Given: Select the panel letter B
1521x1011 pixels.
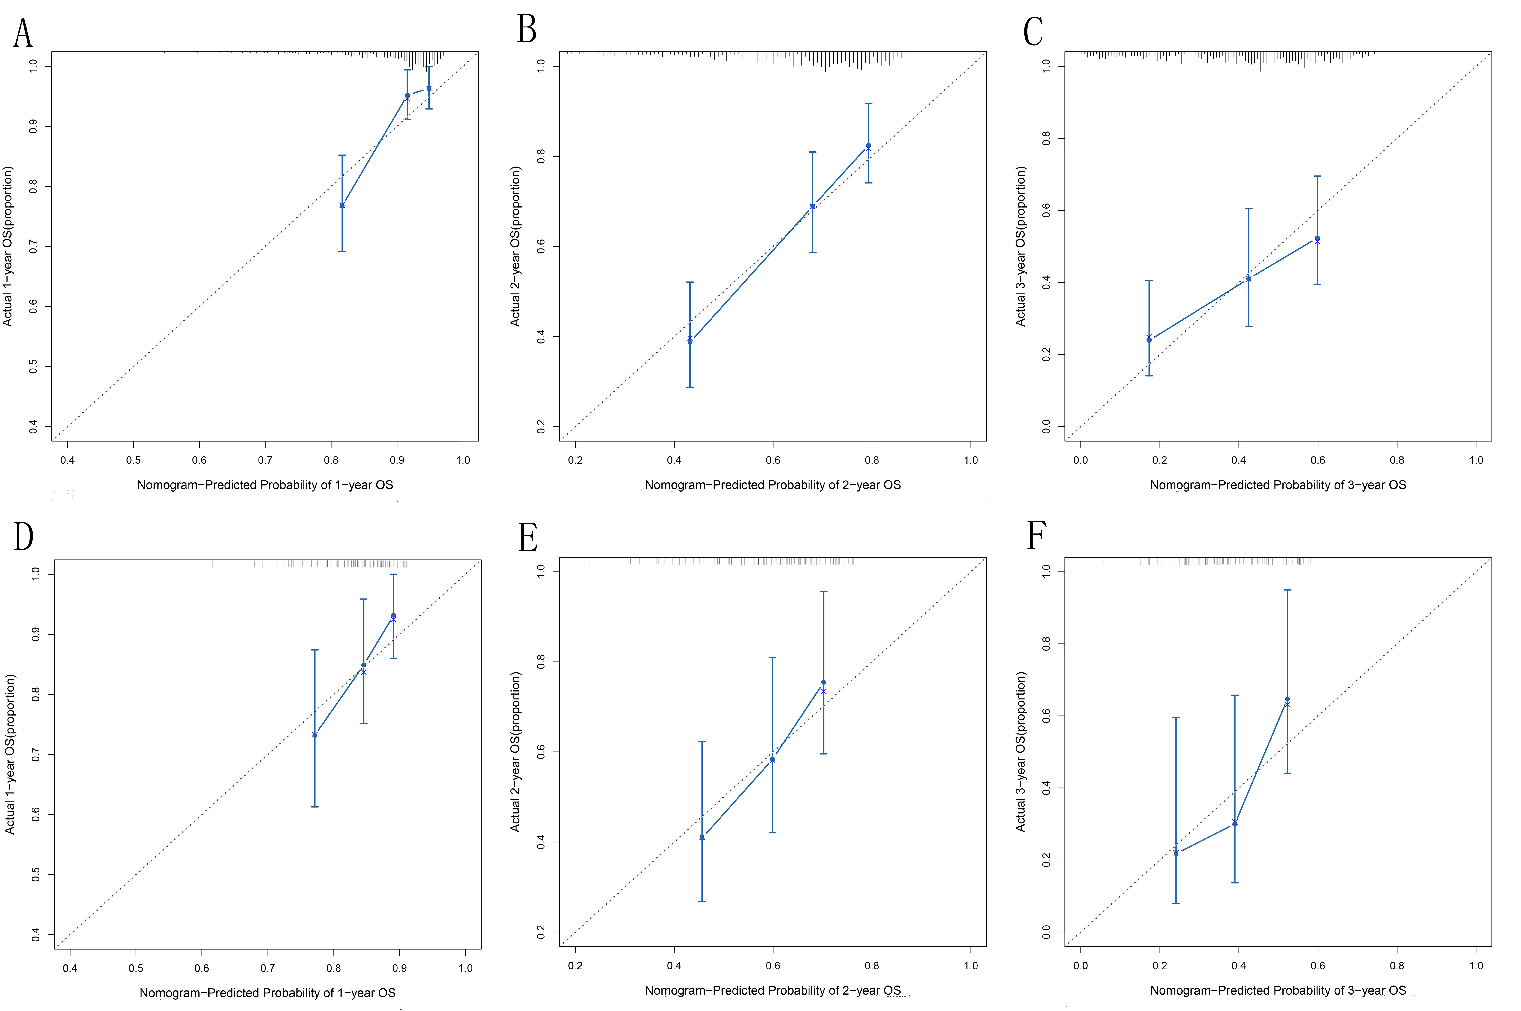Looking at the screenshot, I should (526, 30).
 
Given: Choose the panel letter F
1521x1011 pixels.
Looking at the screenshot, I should (1036, 535).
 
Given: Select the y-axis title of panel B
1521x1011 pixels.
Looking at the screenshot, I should (515, 246).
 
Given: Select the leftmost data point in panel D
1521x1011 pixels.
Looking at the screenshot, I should (315, 735).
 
